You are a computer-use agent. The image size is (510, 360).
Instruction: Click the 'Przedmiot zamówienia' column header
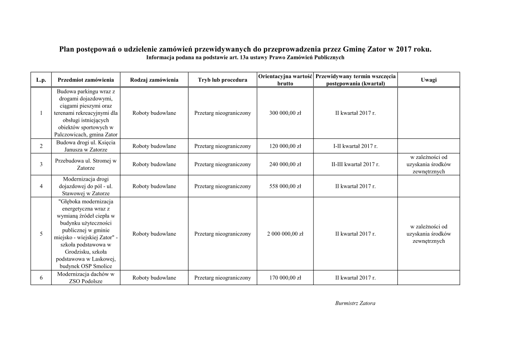(x=86, y=80)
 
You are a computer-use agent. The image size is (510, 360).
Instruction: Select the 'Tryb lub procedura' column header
(x=223, y=80)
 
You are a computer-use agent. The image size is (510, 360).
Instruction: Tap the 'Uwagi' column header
(x=429, y=80)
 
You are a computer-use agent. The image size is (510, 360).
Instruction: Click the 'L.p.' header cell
(x=41, y=80)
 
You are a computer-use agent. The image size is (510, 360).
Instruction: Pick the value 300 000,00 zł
(x=285, y=113)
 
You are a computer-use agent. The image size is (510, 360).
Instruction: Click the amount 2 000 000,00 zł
(x=285, y=234)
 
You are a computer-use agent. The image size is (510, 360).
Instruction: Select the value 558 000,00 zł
(x=285, y=186)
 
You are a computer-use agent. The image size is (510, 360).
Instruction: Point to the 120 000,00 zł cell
(x=285, y=146)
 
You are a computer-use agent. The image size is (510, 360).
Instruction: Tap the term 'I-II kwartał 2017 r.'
(x=355, y=146)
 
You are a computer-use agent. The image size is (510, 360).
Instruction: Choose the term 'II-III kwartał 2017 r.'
(x=355, y=164)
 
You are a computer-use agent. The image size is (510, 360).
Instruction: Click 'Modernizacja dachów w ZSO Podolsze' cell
(x=86, y=278)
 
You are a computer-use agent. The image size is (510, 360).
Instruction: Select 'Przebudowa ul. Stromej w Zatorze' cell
(x=86, y=164)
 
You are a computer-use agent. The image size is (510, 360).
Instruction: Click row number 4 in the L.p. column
(x=41, y=186)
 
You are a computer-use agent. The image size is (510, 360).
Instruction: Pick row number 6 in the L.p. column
(x=41, y=278)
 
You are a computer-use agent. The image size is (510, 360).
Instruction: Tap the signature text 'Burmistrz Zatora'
(x=355, y=303)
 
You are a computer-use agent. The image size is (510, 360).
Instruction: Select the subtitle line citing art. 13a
(x=245, y=58)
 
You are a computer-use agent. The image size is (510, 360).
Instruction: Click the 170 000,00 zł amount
(x=285, y=278)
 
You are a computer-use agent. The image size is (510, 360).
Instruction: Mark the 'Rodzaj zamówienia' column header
(x=154, y=80)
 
